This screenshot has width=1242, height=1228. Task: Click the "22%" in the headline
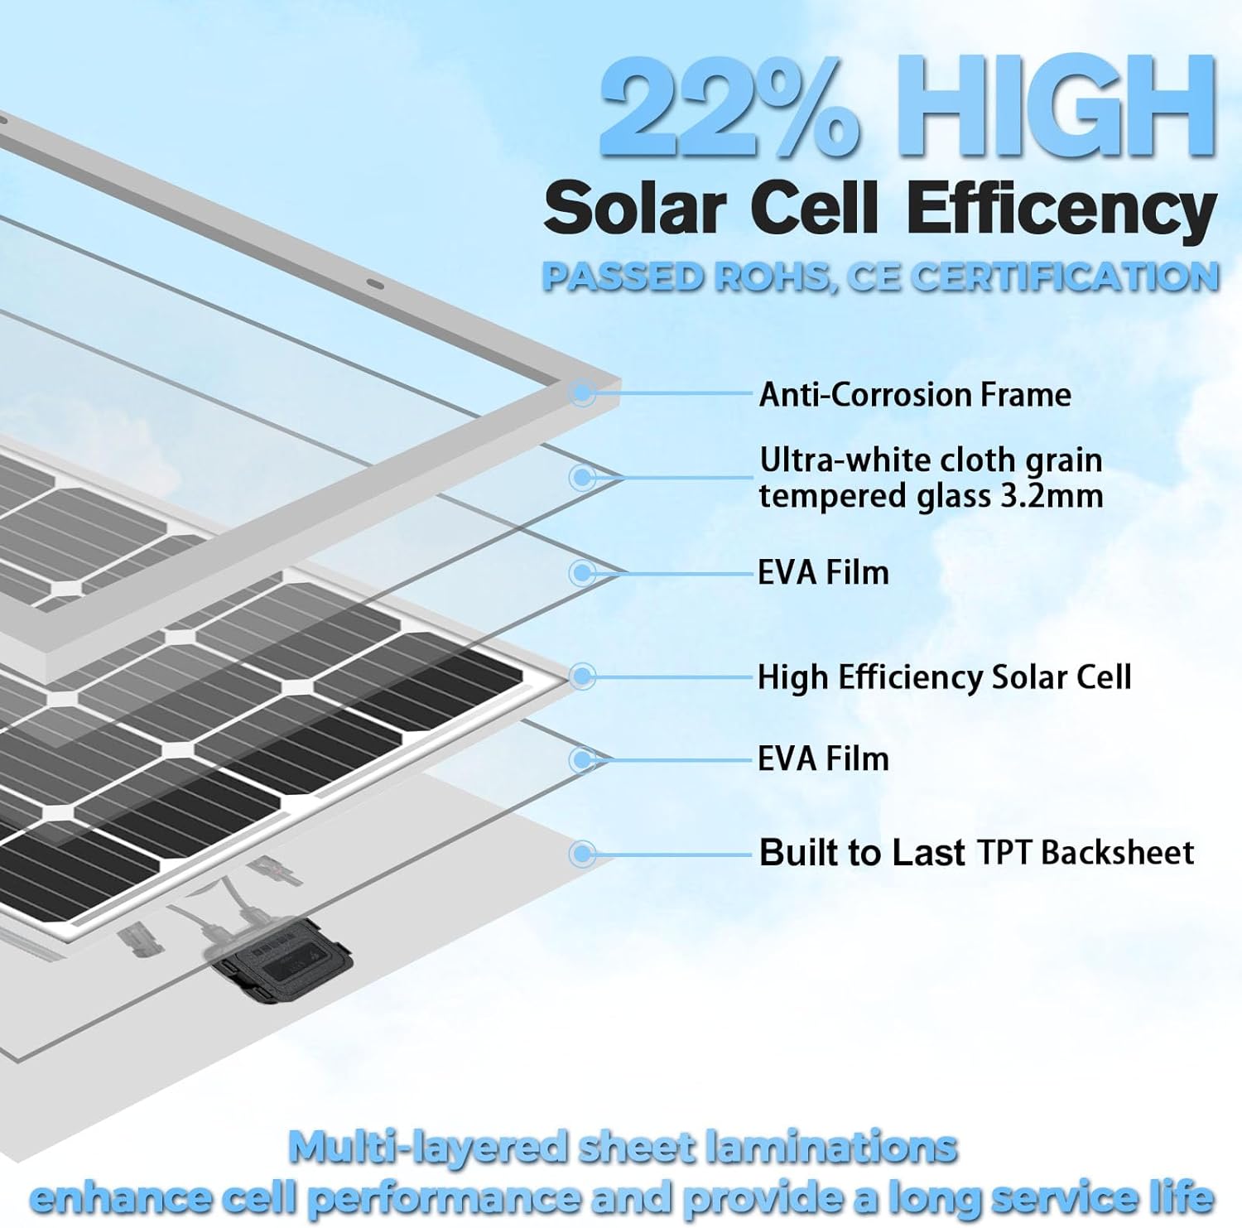[x=729, y=108]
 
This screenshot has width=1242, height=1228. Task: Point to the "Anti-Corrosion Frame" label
[x=915, y=394]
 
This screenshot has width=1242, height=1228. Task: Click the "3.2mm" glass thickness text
[x=1061, y=496]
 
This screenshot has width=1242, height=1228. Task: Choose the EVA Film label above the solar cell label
[x=823, y=572]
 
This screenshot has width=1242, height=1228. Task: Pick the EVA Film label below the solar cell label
[x=823, y=758]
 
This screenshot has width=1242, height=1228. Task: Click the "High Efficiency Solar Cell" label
[x=944, y=677]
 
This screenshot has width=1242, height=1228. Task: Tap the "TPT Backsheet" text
[x=1086, y=852]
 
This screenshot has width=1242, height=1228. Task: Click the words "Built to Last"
[x=862, y=852]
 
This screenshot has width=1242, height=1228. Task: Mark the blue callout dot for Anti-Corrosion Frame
[x=583, y=392]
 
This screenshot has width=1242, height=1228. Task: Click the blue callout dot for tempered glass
[x=583, y=477]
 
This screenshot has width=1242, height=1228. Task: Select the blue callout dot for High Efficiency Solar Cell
[x=583, y=677]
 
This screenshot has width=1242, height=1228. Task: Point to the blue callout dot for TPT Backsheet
[x=583, y=853]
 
